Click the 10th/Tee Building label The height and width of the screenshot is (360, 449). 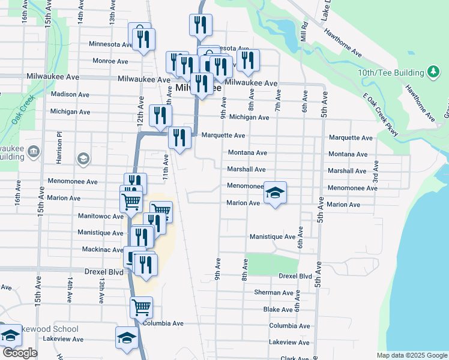pos(391,73)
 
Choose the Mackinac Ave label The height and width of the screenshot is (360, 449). pos(100,249)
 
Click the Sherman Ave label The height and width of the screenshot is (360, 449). pos(274,293)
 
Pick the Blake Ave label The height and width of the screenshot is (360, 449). pos(277,310)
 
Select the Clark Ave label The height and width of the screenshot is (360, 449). pos(294,358)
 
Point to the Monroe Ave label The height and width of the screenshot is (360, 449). pos(110,61)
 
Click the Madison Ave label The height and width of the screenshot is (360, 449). pos(70,95)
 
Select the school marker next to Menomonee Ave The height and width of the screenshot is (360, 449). pos(275,193)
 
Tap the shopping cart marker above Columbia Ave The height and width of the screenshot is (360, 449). pos(141,307)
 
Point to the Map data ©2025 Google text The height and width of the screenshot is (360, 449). pos(412,355)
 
